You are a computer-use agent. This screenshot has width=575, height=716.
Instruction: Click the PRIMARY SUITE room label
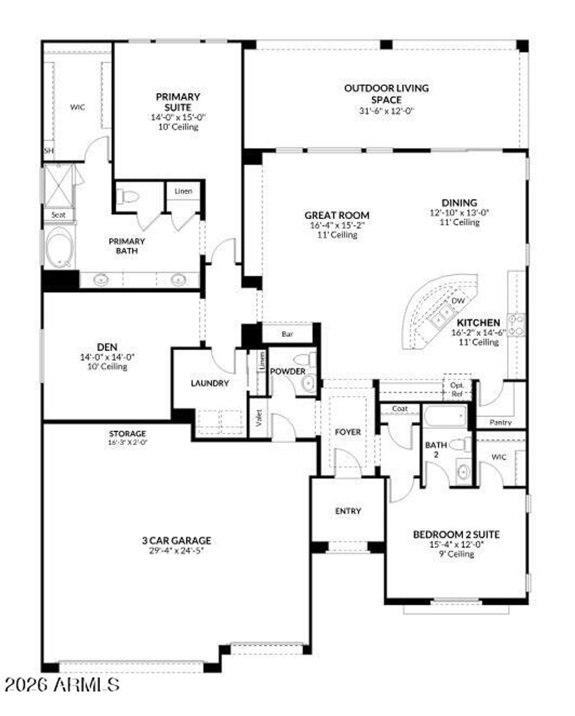178,102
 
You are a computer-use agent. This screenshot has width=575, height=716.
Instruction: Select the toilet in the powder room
306,359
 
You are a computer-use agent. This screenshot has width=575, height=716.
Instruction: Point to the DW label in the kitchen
458,301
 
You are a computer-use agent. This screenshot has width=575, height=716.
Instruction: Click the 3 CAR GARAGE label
176,541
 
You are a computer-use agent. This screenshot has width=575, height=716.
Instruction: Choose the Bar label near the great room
287,334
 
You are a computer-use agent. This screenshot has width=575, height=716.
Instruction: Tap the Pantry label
500,422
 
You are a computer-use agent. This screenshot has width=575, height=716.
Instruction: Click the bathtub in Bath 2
445,417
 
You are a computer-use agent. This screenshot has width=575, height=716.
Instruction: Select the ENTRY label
348,511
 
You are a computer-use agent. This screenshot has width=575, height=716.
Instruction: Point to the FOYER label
348,432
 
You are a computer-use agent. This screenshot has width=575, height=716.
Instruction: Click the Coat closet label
399,409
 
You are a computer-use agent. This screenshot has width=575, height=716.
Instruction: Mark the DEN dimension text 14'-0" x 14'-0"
107,357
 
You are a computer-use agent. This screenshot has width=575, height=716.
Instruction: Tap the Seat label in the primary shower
58,215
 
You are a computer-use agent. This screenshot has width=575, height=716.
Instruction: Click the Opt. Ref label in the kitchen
457,389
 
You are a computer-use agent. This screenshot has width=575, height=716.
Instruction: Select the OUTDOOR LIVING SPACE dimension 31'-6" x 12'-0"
386,111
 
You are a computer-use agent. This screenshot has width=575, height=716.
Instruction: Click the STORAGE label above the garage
127,433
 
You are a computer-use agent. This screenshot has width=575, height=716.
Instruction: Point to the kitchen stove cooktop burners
518,325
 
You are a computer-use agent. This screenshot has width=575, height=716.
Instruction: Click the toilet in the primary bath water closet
129,197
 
